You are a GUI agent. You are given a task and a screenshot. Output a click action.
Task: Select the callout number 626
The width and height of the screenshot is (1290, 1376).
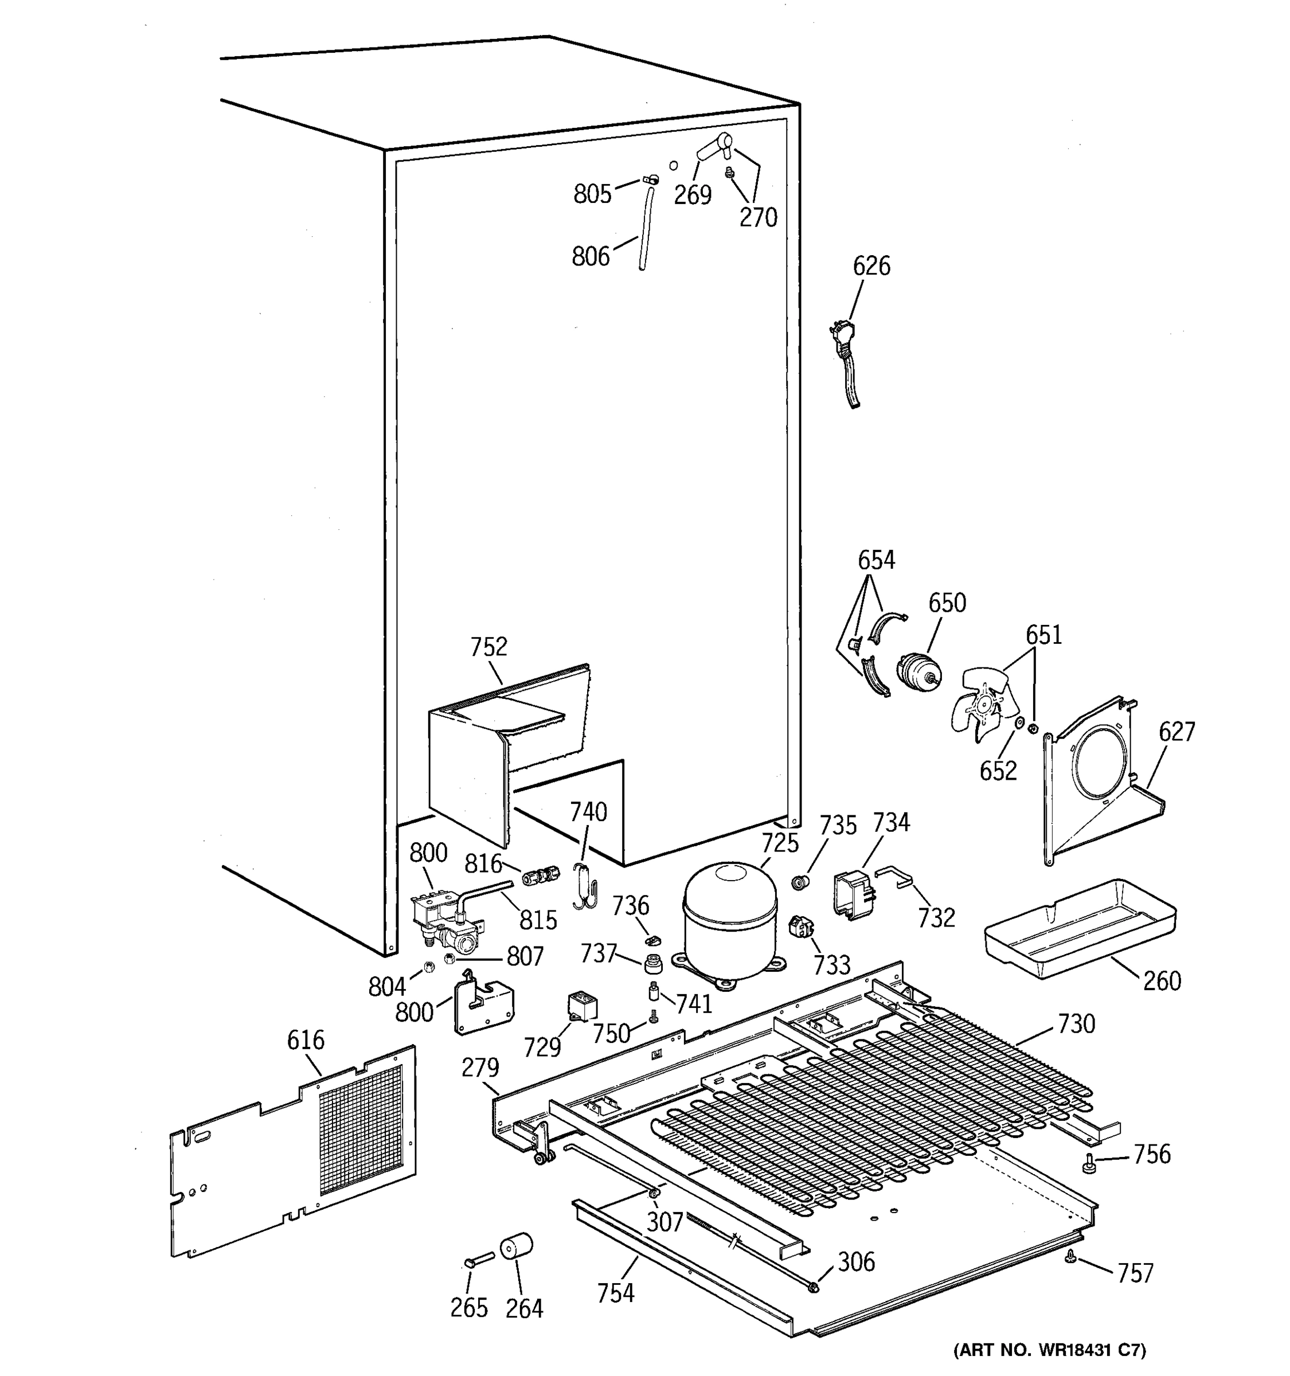coord(871,266)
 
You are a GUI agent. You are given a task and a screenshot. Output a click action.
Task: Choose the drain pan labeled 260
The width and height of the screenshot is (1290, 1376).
coord(1080,928)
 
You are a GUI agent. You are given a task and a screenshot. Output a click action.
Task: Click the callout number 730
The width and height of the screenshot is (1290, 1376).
coord(1076,1023)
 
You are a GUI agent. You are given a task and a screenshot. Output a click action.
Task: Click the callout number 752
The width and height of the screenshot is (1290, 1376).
coord(488,647)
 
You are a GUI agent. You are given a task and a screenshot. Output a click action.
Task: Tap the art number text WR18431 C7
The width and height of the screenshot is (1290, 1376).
coord(1049,1350)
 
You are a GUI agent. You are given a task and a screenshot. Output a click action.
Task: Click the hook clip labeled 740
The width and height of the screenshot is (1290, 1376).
coord(585,888)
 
